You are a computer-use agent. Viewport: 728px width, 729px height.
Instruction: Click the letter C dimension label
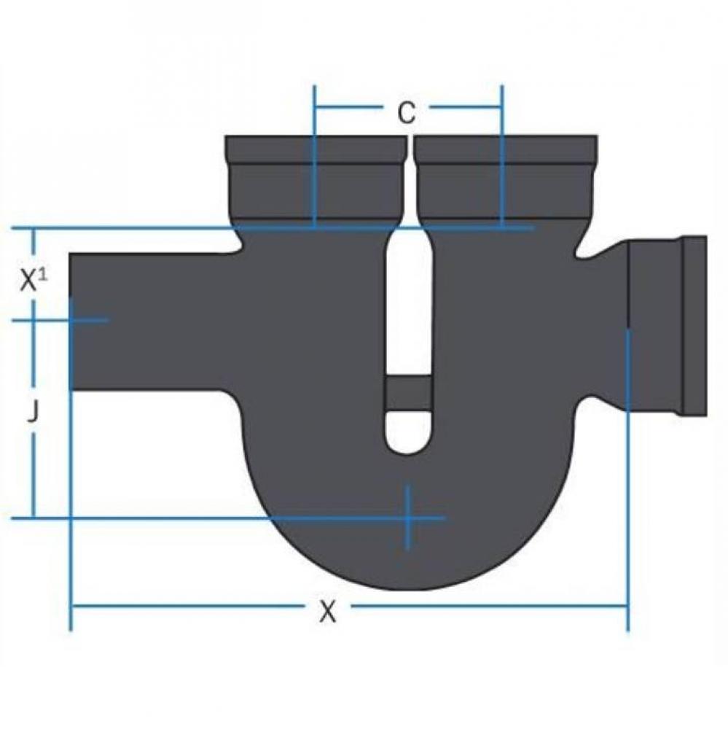[x=407, y=112]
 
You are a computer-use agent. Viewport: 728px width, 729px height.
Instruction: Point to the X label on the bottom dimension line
[x=329, y=612]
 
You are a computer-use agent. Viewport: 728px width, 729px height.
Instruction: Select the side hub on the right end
[x=666, y=326]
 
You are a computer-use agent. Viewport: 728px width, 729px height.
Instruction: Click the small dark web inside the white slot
[x=408, y=393]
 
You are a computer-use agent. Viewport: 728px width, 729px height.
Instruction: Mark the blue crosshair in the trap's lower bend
[x=408, y=518]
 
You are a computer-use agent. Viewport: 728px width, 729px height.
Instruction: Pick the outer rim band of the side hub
[x=694, y=326]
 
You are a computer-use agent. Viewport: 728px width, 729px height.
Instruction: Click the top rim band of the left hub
[x=314, y=149]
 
